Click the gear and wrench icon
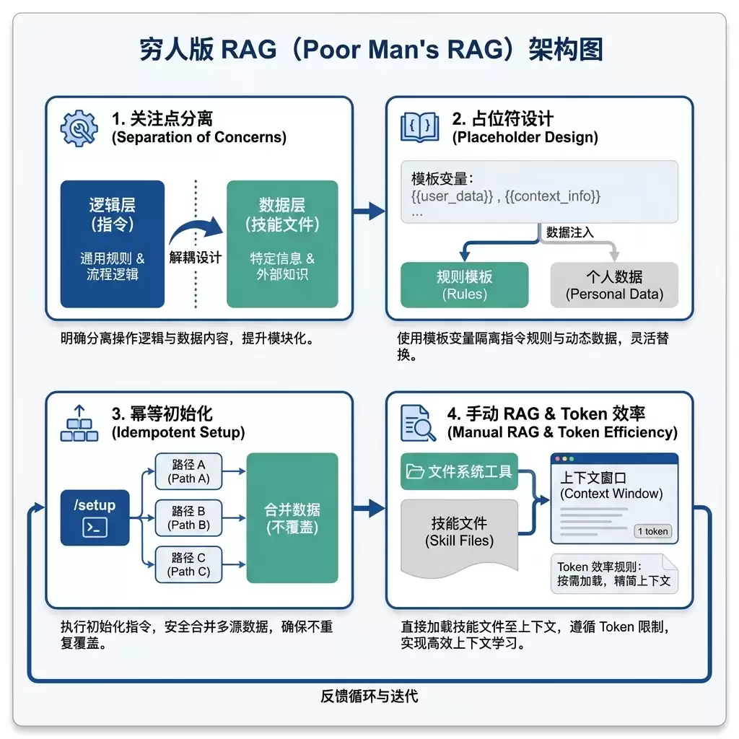pyautogui.click(x=79, y=128)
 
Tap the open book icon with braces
pyautogui.click(x=419, y=127)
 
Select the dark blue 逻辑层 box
pyautogui.click(x=112, y=244)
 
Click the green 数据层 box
pyautogui.click(x=282, y=244)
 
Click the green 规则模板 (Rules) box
pyautogui.click(x=464, y=284)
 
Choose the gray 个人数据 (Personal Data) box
pyautogui.click(x=614, y=284)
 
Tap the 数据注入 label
pyautogui.click(x=569, y=232)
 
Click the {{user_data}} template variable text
pyautogui.click(x=452, y=196)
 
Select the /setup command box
pyautogui.click(x=95, y=517)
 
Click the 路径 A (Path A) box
pyautogui.click(x=188, y=471)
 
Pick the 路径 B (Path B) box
pyautogui.click(x=188, y=518)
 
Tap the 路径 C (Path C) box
pyautogui.click(x=188, y=564)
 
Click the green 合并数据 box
pyautogui.click(x=292, y=518)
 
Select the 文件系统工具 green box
pyautogui.click(x=459, y=471)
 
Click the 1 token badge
pyautogui.click(x=652, y=531)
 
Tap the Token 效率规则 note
pyautogui.click(x=614, y=574)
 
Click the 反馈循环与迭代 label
pyautogui.click(x=369, y=696)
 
